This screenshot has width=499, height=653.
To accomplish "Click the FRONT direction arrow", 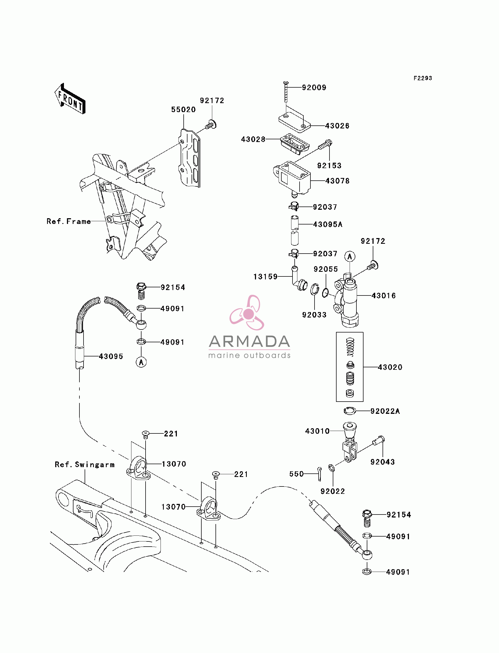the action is pos(70,98).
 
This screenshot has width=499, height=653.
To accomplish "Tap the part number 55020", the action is pos(183,110).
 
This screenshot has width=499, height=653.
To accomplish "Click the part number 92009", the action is pos(314,88).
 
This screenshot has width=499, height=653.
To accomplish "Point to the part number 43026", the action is pos(337,126).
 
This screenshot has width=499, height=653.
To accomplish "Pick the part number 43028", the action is pos(253,139).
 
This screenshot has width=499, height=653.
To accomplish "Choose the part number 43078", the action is pos(337,181).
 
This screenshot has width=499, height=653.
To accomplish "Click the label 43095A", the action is pos(328,224).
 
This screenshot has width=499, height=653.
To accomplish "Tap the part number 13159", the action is pos(265,277).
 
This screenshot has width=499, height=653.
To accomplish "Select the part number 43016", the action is pos(384,296).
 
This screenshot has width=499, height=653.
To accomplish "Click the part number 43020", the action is pos(390,367).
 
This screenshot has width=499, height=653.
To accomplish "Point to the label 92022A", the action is pos(385,411).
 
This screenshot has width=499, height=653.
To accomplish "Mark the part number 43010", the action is pos(317,431).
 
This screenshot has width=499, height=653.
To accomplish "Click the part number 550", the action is pos(296,474).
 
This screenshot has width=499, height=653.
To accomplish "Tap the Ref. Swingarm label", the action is pos(85,465).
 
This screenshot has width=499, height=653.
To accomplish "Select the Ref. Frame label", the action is pos(69,221).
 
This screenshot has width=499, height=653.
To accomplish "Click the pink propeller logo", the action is pos(247,313).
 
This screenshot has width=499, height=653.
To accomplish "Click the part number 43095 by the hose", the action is pos(111,357).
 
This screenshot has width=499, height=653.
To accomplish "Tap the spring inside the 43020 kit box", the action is pos(350,347).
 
